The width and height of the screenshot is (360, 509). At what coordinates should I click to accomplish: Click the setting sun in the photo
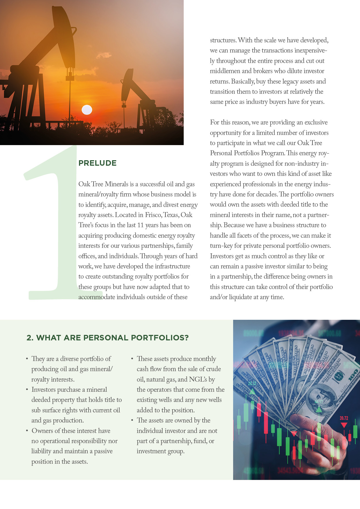(87, 110)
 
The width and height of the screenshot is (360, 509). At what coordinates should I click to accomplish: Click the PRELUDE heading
(98, 163)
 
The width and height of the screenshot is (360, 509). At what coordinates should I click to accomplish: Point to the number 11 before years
(141, 225)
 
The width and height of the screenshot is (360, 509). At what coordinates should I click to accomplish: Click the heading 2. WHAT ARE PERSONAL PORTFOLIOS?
(108, 338)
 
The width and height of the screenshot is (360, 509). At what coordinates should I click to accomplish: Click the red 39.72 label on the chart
(344, 418)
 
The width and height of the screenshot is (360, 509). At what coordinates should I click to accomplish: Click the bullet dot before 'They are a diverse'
(27, 359)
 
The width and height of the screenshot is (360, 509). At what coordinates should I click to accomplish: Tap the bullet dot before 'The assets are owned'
(132, 420)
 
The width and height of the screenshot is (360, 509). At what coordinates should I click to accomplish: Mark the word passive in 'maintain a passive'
(103, 451)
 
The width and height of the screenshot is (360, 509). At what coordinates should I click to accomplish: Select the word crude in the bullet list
(213, 369)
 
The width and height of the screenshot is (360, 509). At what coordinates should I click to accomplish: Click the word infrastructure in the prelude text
(172, 266)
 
